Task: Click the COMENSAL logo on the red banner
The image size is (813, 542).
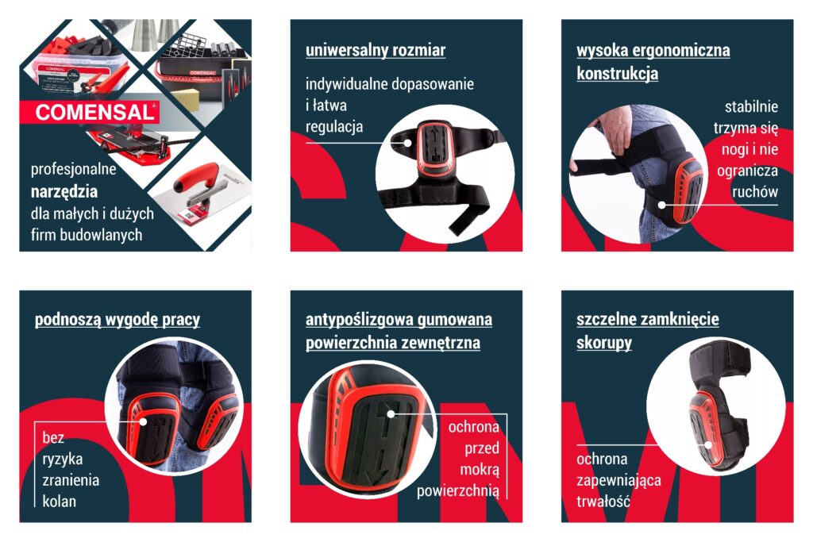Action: point(95,113)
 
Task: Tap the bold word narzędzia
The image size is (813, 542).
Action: point(64,192)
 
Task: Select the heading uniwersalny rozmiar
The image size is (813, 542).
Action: point(376,50)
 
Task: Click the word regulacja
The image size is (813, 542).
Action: point(334,126)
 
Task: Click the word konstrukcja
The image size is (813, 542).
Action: point(617,73)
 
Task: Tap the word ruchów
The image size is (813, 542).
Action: point(755,192)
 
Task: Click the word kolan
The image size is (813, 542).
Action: point(59,501)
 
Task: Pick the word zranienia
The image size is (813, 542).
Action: point(71,480)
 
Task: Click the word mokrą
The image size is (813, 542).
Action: point(480,470)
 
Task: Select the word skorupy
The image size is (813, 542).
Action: point(604,343)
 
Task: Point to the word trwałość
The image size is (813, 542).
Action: point(603,501)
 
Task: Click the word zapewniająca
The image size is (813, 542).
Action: point(618,480)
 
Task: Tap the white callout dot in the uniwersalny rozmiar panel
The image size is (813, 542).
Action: point(408,143)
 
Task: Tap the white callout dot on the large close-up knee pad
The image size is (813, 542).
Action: point(391,413)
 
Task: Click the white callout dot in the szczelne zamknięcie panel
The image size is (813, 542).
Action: point(708,444)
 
